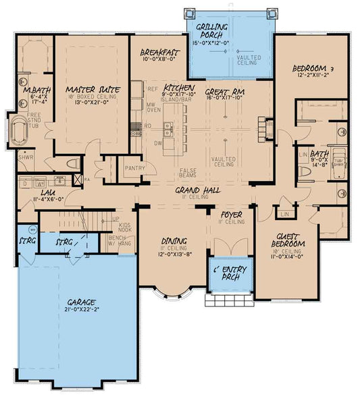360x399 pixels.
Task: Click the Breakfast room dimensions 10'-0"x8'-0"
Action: coord(159,59)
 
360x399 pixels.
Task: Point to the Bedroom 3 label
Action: coord(313,69)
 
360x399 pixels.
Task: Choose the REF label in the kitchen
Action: coord(153,89)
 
